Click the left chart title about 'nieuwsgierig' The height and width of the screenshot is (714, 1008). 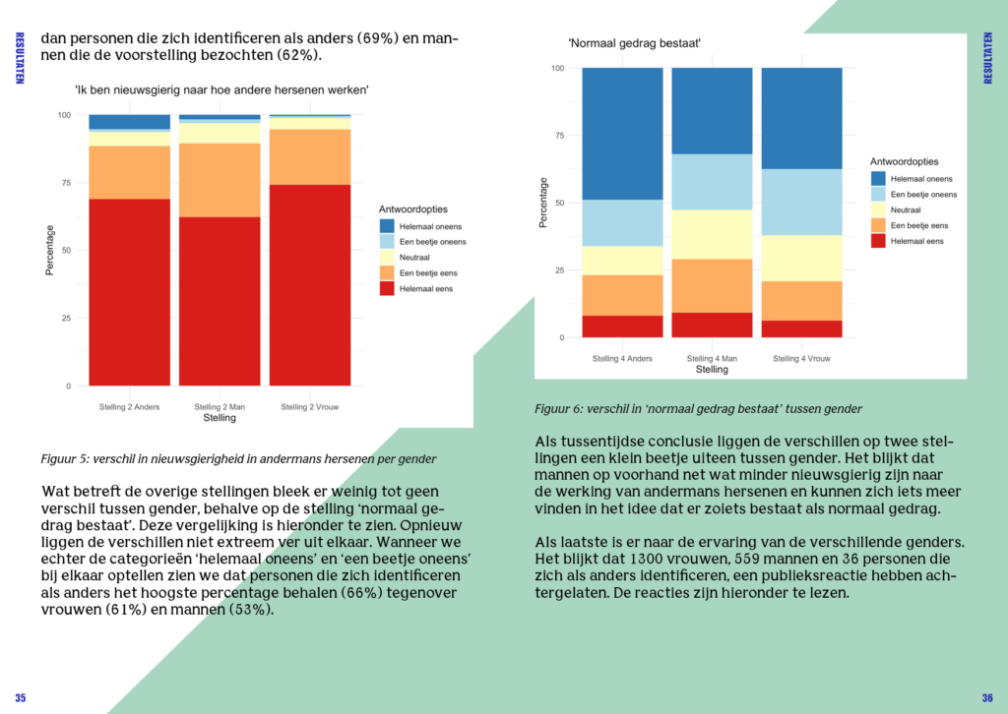(x=221, y=90)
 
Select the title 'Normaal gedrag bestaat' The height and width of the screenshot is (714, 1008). (x=634, y=44)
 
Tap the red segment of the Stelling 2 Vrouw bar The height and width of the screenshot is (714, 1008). (x=309, y=285)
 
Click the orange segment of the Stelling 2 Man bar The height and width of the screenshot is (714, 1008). (x=220, y=180)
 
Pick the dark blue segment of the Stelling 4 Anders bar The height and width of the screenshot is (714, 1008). (x=622, y=134)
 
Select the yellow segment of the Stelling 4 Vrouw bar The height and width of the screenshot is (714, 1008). (x=801, y=258)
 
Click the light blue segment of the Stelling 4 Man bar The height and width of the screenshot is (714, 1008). (x=712, y=182)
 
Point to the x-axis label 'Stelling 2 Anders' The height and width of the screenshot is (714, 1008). (x=129, y=406)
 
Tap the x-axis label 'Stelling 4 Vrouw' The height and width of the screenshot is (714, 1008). (x=801, y=358)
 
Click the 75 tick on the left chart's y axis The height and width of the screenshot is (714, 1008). (x=67, y=183)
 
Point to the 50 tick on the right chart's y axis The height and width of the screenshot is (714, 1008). (x=558, y=203)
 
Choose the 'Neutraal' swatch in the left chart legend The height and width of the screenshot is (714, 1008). (x=386, y=257)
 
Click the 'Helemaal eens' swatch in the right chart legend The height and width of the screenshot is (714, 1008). (x=878, y=241)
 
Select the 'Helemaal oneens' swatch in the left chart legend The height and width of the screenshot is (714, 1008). (x=386, y=226)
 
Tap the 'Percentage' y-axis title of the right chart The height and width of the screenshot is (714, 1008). (x=542, y=203)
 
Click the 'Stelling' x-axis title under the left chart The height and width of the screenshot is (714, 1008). (x=220, y=418)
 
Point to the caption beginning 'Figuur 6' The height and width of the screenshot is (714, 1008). (x=698, y=408)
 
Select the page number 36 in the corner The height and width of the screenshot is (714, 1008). (x=987, y=698)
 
